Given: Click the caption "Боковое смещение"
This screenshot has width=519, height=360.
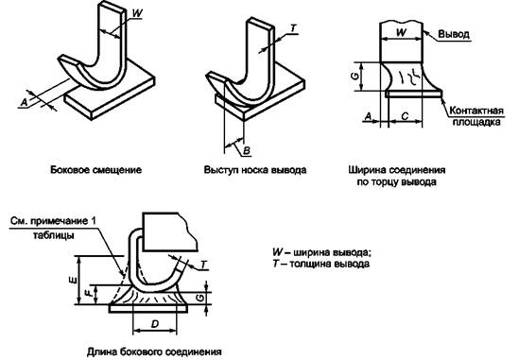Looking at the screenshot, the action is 96,170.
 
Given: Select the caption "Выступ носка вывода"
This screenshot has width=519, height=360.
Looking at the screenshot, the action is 255,170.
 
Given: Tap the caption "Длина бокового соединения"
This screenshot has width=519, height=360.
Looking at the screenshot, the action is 154,351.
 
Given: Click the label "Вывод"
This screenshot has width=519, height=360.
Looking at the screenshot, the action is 454,34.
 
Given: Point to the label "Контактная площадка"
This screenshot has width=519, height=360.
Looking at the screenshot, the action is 476,116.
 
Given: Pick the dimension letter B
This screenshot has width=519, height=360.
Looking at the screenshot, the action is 247,151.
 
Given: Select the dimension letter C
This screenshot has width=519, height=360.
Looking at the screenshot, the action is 405,116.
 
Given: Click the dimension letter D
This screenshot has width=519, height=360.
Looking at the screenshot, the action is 155,324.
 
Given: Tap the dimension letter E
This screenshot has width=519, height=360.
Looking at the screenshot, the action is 74,281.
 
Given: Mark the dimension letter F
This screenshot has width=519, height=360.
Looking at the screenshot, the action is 90,293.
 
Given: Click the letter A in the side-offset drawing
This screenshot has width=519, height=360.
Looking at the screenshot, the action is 25,103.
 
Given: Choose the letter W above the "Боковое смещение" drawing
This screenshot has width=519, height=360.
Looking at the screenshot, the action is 137,13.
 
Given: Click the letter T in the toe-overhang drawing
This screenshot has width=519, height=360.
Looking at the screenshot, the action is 293,28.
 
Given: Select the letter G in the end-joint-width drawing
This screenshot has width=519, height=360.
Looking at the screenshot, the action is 355,76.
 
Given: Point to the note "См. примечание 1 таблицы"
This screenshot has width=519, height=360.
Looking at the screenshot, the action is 53,228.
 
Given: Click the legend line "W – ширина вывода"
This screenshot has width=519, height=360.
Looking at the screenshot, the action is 321,252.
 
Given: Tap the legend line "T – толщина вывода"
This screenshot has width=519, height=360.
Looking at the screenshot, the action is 320,264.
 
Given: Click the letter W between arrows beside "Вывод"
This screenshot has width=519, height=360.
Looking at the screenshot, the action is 402,33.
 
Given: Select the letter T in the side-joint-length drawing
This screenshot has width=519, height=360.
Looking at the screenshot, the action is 204,265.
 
